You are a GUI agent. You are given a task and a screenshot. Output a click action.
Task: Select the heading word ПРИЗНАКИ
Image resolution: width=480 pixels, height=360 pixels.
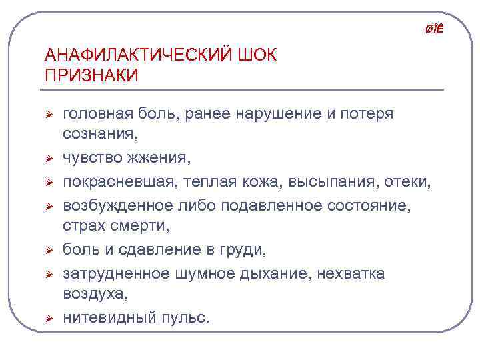(x=91, y=75)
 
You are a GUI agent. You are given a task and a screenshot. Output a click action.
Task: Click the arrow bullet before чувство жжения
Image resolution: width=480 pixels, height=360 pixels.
(x=48, y=159)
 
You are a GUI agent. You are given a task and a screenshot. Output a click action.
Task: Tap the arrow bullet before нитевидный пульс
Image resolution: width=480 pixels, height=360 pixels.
(x=48, y=319)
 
